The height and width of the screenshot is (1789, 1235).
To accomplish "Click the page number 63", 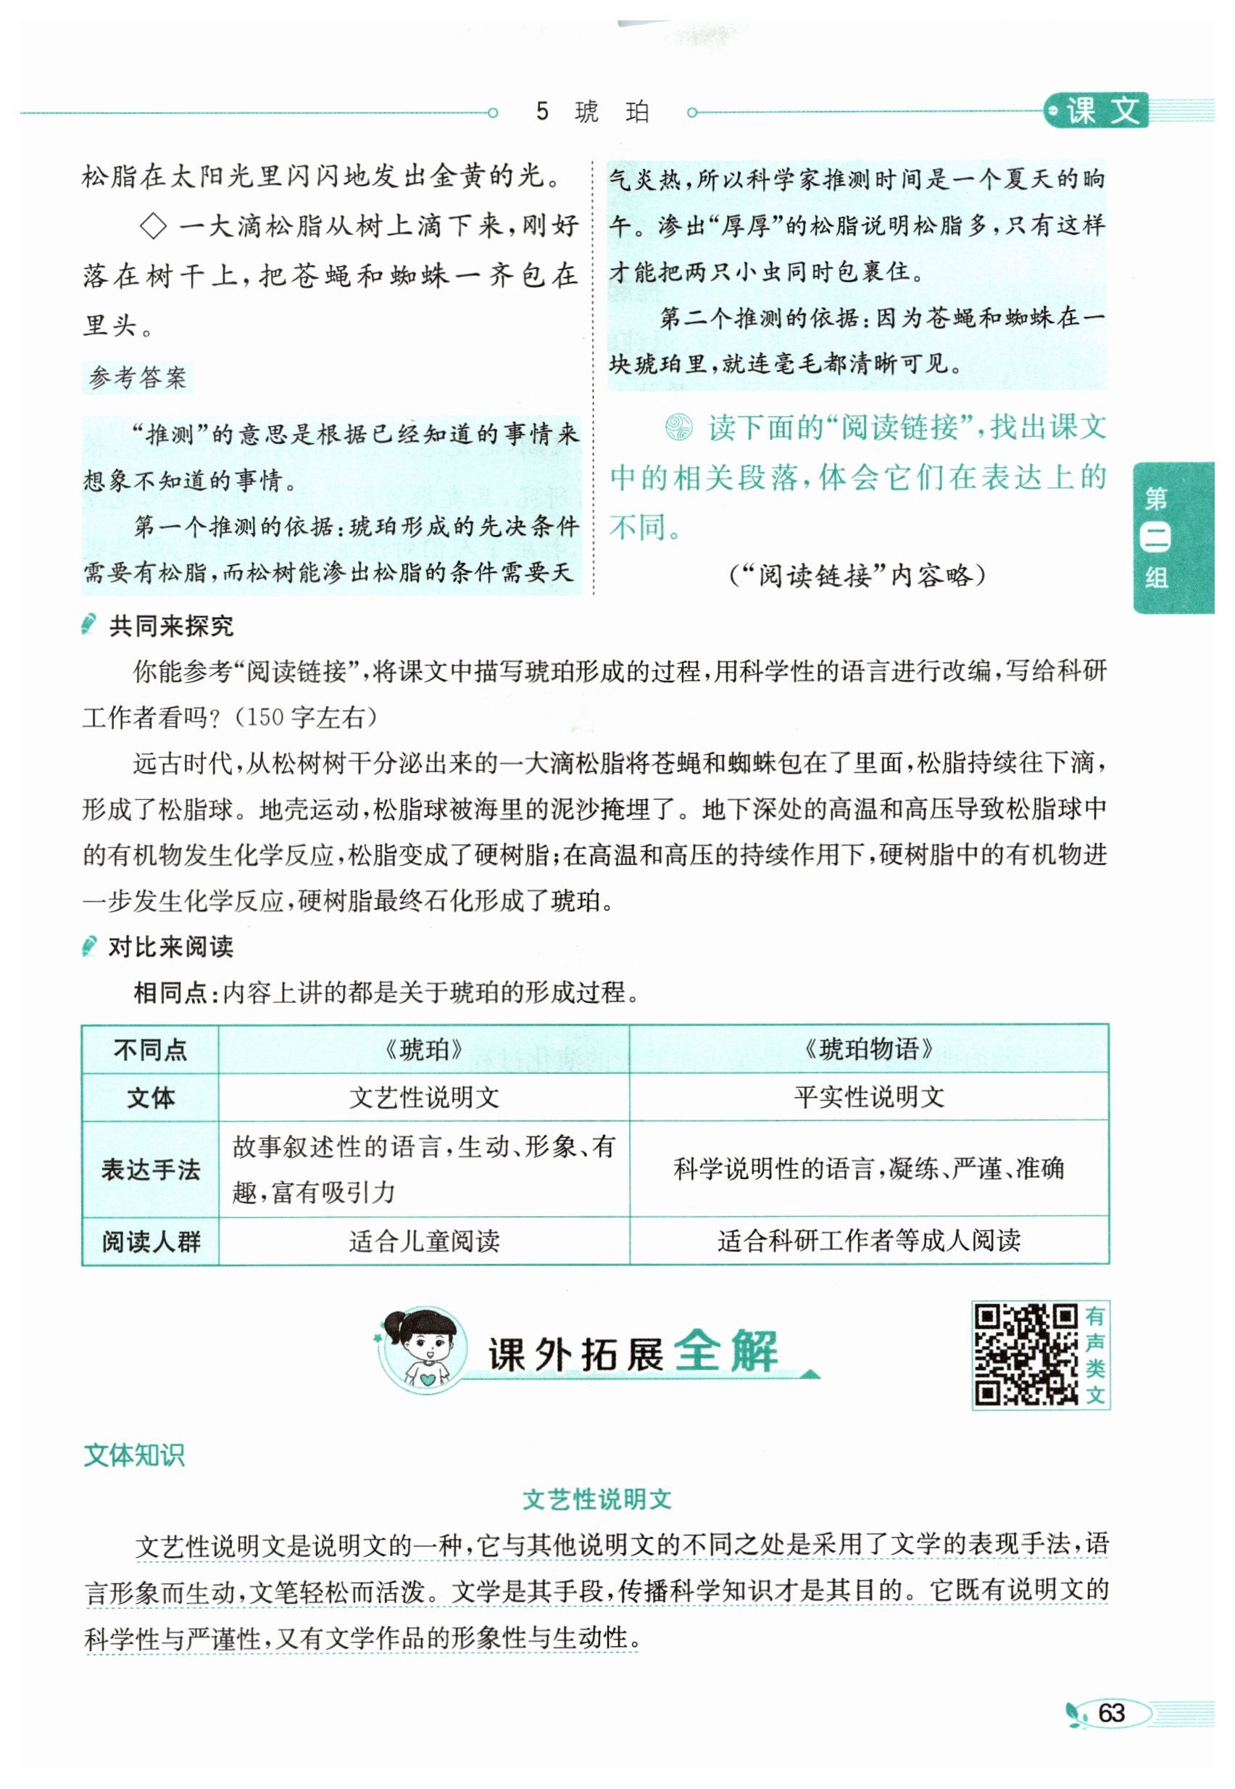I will point(1111,1712).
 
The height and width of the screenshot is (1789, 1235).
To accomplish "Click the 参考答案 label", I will point(138,378).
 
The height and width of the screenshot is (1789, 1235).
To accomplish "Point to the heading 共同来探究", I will point(170,626).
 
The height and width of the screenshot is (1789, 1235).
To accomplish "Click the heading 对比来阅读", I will point(170,946).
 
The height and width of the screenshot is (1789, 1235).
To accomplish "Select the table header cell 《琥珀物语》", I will point(868,1049).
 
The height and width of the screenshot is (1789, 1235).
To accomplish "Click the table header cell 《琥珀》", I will point(423,1049).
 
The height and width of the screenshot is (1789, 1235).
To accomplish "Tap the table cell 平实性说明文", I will point(868,1097).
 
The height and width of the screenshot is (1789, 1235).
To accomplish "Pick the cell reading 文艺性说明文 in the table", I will point(423,1097).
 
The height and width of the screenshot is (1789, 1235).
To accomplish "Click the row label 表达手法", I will point(150,1169).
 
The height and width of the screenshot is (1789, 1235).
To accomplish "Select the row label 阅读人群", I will point(150,1241).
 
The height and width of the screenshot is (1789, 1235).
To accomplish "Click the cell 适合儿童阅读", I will point(423,1241).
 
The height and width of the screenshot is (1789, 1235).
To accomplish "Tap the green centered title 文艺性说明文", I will point(596,1500).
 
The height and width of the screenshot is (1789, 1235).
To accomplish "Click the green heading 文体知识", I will point(134,1455).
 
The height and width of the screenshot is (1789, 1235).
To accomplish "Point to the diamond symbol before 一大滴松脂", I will point(153,227).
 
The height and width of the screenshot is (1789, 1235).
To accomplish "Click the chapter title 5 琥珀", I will point(592,112).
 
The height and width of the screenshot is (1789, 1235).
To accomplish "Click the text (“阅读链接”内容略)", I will point(857,575).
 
